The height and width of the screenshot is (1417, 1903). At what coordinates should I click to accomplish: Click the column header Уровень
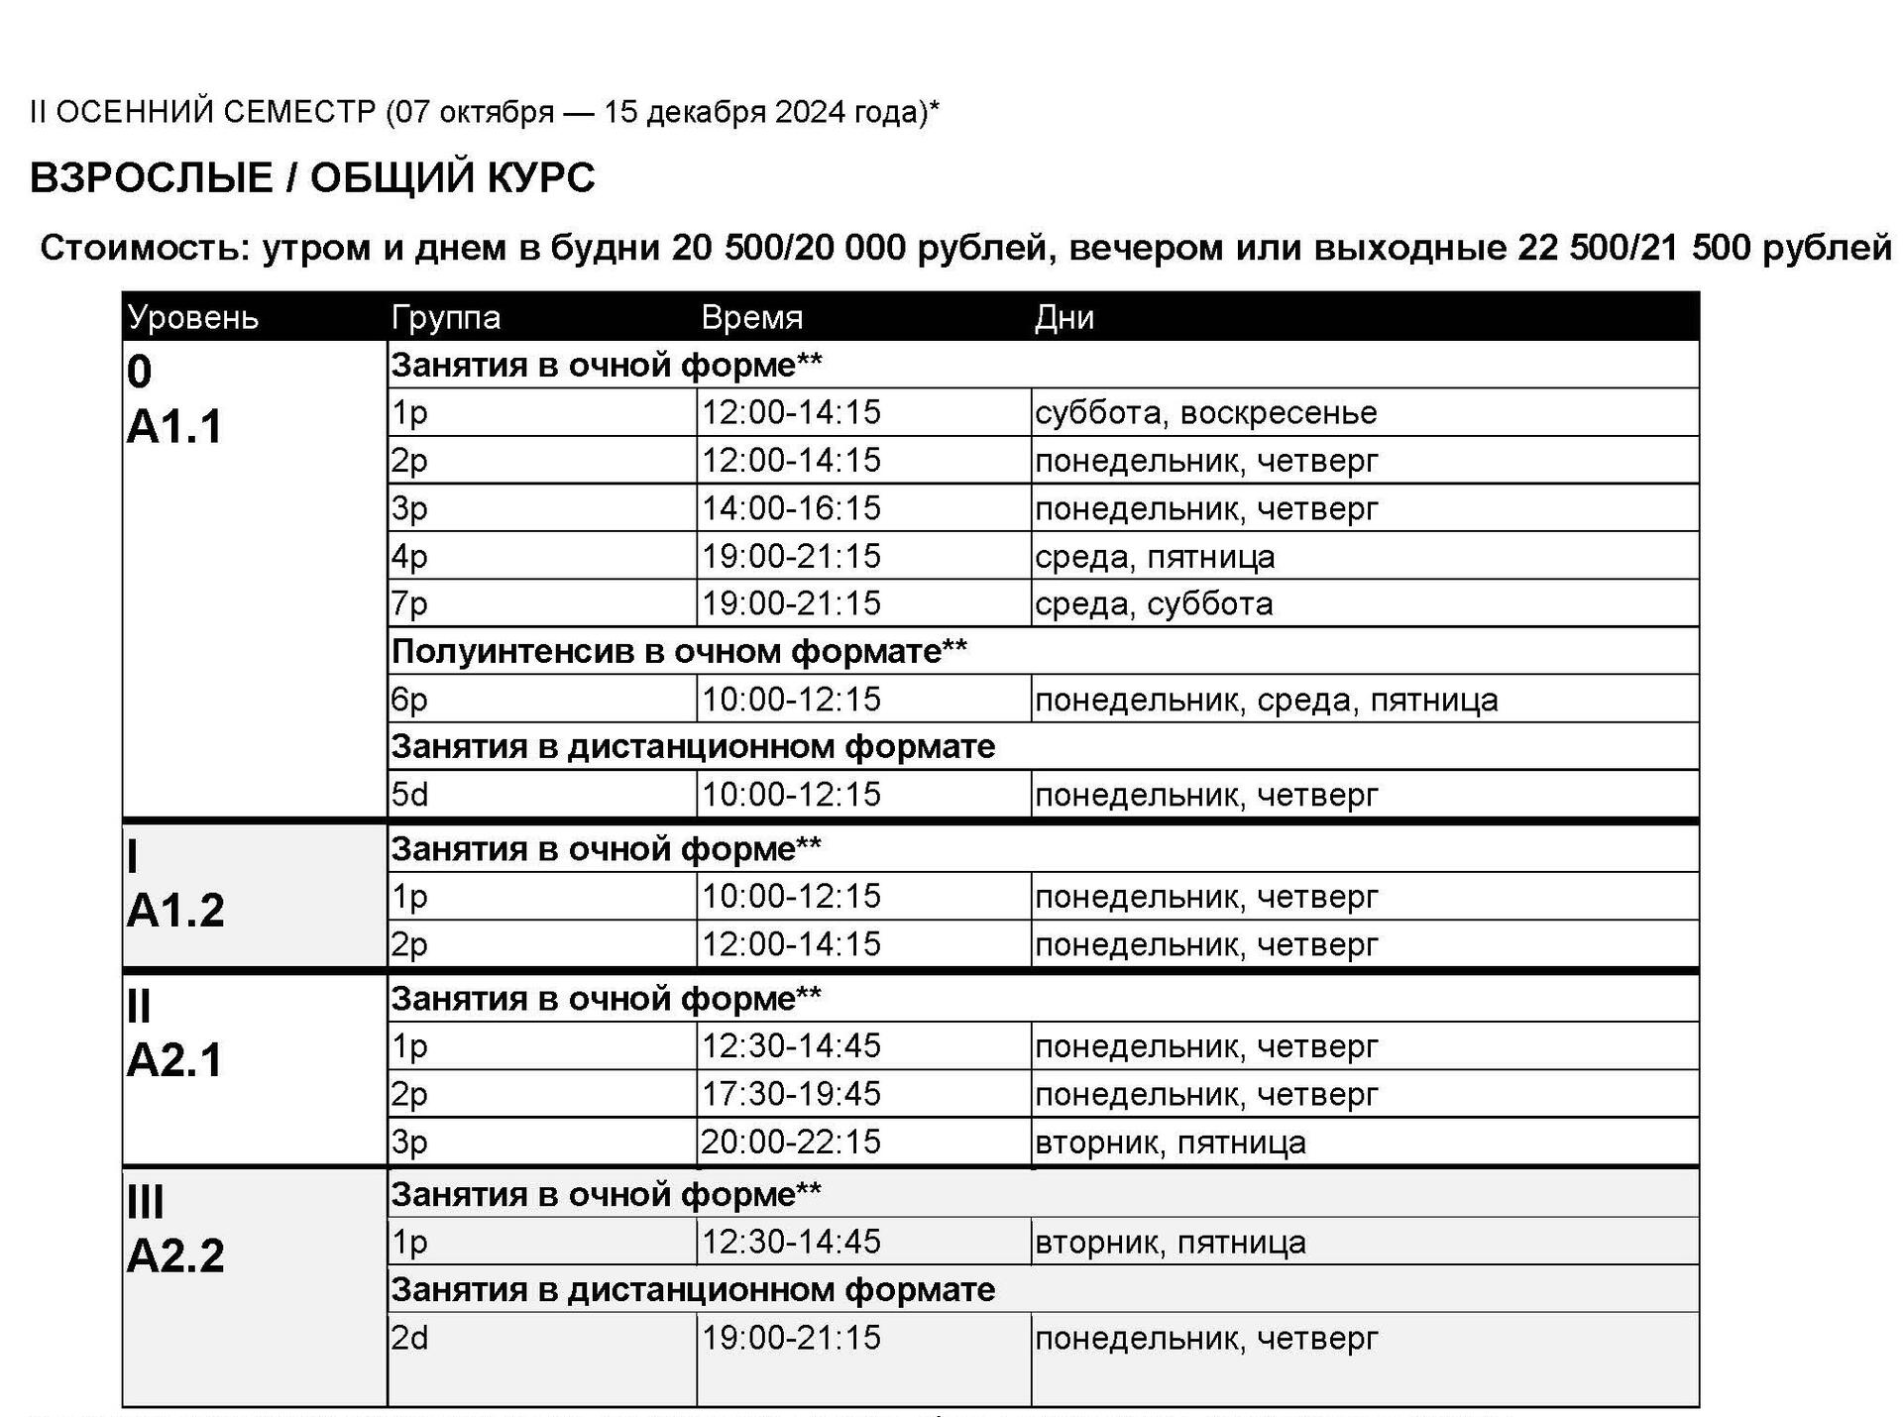(x=193, y=318)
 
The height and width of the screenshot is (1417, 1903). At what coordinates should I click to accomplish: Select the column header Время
(x=751, y=318)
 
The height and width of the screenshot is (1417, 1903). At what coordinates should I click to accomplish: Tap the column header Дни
(x=1063, y=318)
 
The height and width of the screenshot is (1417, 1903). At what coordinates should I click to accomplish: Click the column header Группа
(x=446, y=318)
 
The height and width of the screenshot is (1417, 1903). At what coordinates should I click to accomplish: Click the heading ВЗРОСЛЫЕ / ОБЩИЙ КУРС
(x=312, y=178)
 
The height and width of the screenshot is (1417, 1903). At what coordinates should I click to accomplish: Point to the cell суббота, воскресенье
(x=1205, y=412)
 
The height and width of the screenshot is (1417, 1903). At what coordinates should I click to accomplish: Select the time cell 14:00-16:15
(x=791, y=508)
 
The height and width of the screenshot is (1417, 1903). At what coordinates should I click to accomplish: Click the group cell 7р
(x=409, y=603)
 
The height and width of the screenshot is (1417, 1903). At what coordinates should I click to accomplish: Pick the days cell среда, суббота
(x=1154, y=603)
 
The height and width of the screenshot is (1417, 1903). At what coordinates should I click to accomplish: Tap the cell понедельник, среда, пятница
(x=1266, y=700)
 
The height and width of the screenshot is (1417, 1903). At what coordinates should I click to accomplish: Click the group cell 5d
(x=409, y=795)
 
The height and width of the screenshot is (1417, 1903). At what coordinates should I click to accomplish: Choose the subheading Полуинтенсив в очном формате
(x=679, y=651)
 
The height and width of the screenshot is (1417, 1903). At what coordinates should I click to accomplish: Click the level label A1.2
(x=175, y=910)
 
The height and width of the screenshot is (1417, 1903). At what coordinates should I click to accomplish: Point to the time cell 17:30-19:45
(x=791, y=1094)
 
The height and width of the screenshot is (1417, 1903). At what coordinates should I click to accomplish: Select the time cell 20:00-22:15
(x=791, y=1142)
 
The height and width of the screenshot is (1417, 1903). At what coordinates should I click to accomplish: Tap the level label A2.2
(x=175, y=1255)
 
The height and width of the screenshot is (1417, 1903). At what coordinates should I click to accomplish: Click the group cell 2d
(x=409, y=1338)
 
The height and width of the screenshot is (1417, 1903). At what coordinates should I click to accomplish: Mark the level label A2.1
(x=175, y=1060)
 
